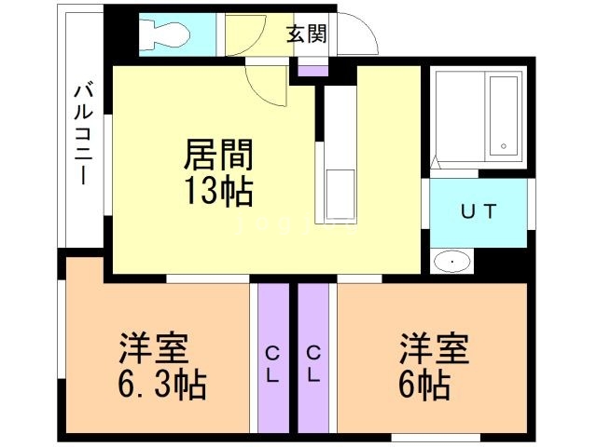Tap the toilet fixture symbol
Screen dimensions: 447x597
pyautogui.click(x=165, y=35)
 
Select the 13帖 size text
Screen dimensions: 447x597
pyautogui.click(x=220, y=192)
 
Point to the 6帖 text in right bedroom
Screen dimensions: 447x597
pyautogui.click(x=428, y=384)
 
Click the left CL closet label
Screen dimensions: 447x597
pyautogui.click(x=274, y=364)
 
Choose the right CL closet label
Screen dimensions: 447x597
pyautogui.click(x=314, y=364)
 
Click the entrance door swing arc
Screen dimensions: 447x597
pyautogui.click(x=364, y=37)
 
